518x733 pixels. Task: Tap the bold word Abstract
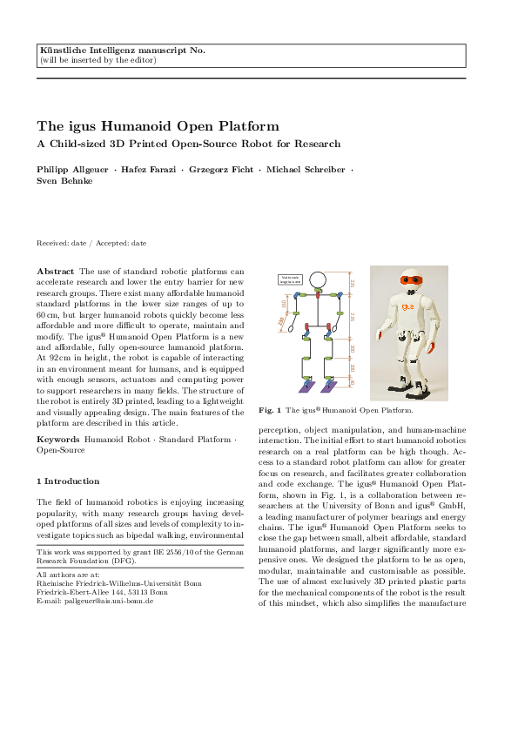point(55,272)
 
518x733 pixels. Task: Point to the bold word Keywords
point(57,440)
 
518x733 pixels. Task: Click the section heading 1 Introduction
point(68,481)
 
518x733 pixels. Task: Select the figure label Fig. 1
point(270,408)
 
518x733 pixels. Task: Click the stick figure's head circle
point(318,279)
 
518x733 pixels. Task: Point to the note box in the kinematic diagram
point(290,279)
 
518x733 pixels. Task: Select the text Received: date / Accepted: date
point(91,243)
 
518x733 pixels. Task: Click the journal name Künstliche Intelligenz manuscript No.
point(123,50)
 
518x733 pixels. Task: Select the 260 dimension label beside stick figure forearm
point(281,321)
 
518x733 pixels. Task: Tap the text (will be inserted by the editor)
point(98,60)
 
